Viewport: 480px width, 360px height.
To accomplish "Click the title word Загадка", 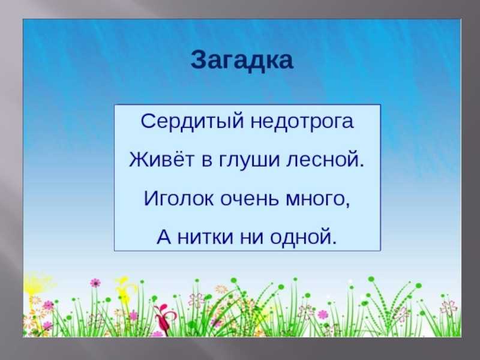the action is tap(242, 61).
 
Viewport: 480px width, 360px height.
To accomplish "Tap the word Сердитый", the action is tap(192, 122).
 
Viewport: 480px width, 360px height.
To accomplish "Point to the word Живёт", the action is tap(161, 159).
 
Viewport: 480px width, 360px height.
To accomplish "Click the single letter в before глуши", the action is tap(207, 161).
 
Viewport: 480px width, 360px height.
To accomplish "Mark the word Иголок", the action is tap(179, 198).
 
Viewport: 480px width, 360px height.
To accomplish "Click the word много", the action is tap(314, 200).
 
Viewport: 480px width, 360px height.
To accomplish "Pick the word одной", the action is tap(301, 238).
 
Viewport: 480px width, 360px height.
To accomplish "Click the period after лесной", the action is tap(362, 166).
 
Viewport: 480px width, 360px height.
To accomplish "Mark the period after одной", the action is tap(334, 242).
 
